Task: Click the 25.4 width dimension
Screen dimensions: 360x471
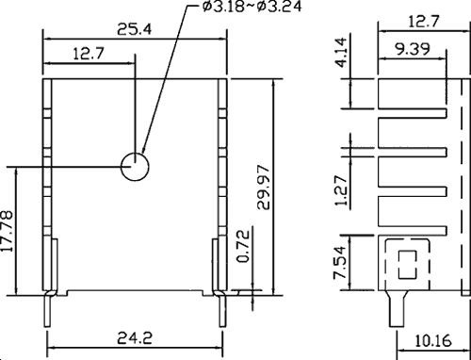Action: pos(135,29)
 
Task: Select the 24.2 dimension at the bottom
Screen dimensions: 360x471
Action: pos(135,335)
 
